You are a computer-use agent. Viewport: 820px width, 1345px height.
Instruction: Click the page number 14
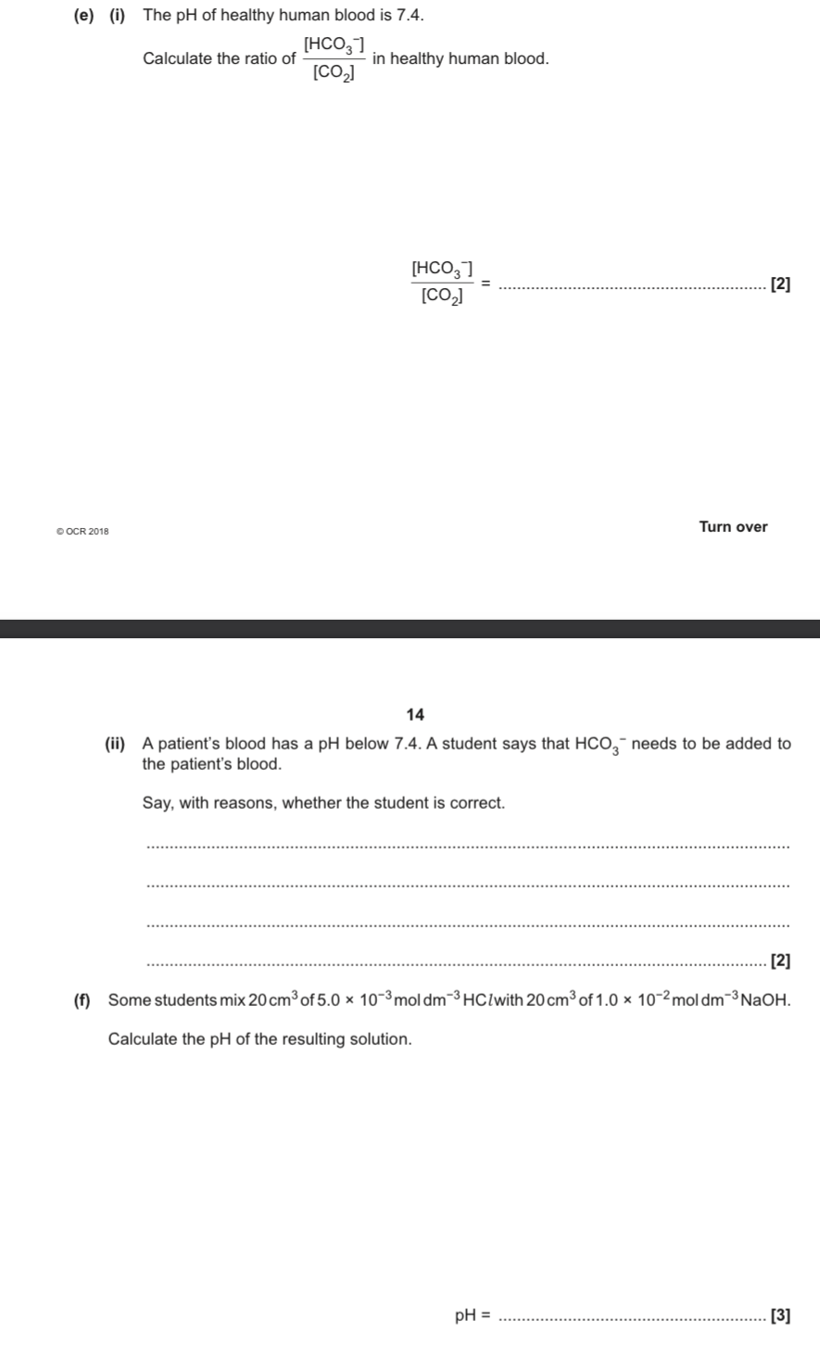415,714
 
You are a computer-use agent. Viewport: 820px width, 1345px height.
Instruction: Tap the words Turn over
733,527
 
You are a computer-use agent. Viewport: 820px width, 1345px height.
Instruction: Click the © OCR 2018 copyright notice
82,532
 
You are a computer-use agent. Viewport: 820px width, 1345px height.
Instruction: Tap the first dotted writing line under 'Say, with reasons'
468,846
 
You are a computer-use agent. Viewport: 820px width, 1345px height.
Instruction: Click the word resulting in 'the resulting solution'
309,1039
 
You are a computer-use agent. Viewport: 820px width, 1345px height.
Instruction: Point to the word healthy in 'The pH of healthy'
267,15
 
